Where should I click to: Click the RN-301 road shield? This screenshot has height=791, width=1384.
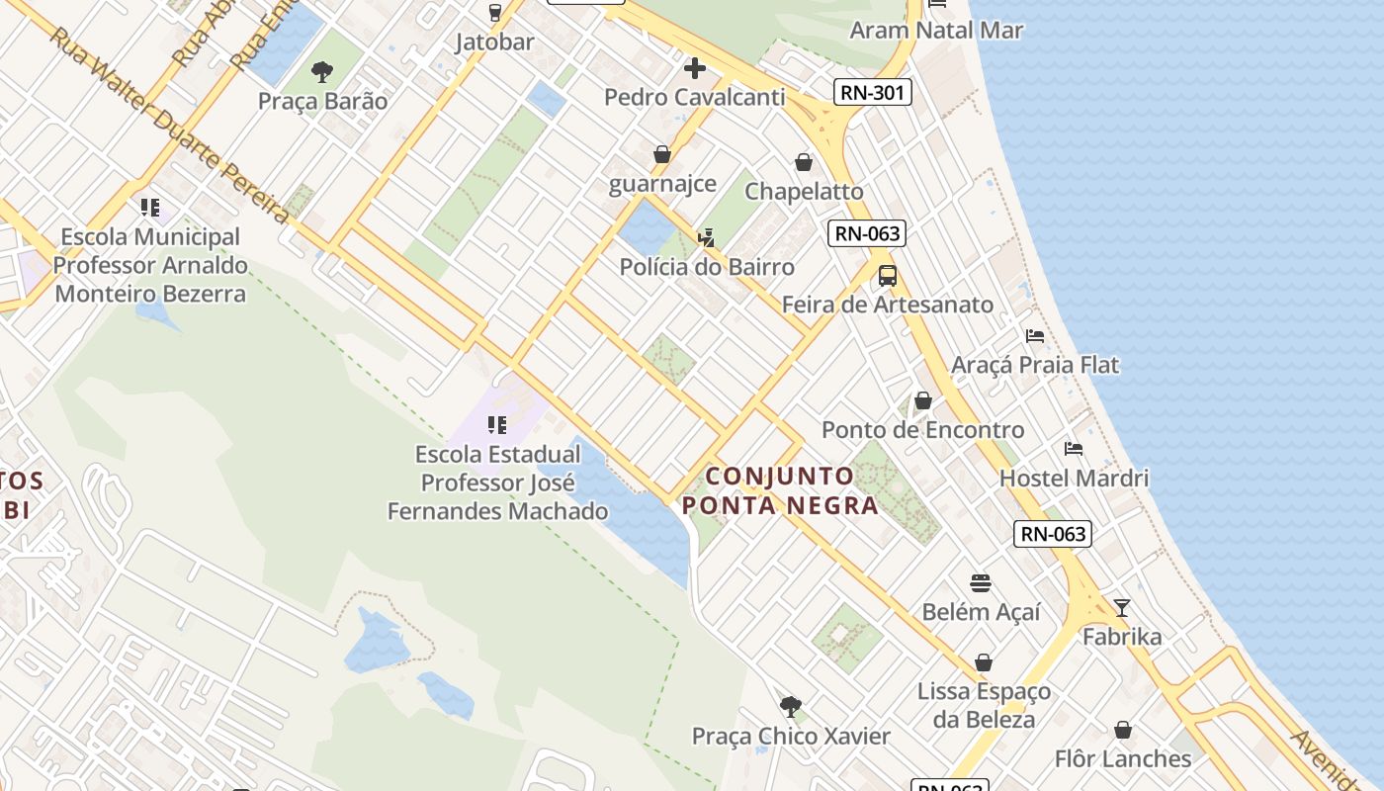tap(872, 93)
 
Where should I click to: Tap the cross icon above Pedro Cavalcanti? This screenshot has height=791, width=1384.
tap(695, 68)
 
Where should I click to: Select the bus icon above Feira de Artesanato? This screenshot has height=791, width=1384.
tap(888, 276)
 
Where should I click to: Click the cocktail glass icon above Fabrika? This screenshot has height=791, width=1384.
tap(1122, 607)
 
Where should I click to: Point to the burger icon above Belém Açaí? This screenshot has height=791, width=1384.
tap(981, 583)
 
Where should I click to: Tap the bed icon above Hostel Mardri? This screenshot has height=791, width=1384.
tap(1074, 449)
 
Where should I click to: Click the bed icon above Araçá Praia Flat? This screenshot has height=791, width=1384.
tap(1035, 336)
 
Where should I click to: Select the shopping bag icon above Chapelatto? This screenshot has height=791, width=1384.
tap(804, 162)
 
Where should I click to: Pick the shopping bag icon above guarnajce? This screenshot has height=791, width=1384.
tap(661, 155)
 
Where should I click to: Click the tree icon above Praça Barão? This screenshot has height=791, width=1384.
tap(322, 71)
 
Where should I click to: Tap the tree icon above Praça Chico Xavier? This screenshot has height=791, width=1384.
tap(790, 706)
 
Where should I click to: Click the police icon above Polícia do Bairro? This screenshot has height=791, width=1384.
tap(707, 238)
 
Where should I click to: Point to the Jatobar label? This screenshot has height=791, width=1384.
tap(494, 42)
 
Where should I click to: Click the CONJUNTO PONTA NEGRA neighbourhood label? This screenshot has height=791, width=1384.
tap(780, 490)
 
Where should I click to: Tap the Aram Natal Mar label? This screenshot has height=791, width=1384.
tap(936, 30)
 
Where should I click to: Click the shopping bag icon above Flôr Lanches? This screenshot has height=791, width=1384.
tap(1122, 731)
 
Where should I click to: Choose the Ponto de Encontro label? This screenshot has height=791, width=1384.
tap(922, 430)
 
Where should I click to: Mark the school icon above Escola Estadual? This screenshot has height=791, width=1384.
tap(497, 425)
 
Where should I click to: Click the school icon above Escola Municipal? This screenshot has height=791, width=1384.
tap(150, 208)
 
